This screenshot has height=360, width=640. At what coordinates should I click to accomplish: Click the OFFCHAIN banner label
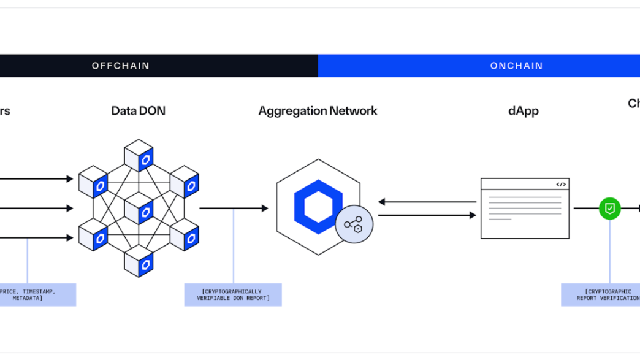click(x=121, y=66)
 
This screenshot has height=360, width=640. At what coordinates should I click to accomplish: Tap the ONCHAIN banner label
click(x=516, y=66)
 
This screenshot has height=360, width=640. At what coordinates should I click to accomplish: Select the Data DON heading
click(x=138, y=111)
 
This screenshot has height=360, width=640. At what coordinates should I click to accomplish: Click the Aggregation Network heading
click(x=318, y=111)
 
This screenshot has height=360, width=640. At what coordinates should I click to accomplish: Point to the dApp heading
click(x=523, y=111)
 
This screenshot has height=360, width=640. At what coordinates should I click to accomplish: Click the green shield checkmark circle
click(x=609, y=209)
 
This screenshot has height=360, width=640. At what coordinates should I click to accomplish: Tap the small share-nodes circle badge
click(x=354, y=224)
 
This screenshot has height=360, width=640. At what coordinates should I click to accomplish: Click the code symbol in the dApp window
click(x=560, y=184)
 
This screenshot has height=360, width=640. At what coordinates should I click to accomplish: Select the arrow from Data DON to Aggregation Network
click(x=234, y=209)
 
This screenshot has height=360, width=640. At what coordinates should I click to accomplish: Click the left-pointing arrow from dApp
click(x=427, y=202)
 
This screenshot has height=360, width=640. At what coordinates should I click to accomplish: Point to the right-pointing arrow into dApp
click(x=427, y=215)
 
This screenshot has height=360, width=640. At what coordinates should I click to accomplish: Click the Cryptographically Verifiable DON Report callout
click(x=233, y=294)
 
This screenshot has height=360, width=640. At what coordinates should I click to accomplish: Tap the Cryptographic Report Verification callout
click(x=604, y=294)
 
